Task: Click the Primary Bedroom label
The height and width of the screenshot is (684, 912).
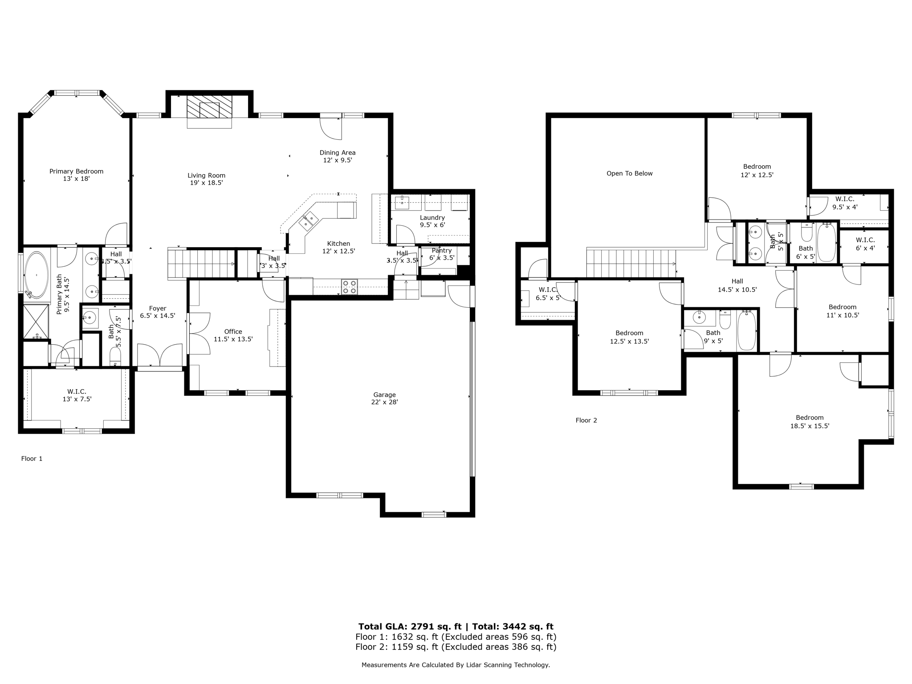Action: pos(76,171)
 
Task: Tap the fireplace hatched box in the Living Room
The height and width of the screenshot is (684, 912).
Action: pos(209,107)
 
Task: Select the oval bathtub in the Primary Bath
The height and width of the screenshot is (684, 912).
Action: pos(37,275)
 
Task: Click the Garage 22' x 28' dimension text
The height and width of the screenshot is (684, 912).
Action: pos(384,402)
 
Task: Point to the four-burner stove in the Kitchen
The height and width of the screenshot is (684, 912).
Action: pos(350,287)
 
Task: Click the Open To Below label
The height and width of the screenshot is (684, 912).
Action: pos(629,174)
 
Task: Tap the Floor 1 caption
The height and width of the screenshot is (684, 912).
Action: pos(32,459)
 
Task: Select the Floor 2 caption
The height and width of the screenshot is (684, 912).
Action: pos(586,420)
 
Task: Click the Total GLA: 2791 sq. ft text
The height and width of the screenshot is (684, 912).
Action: pos(410,627)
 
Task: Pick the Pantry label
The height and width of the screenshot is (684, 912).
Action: pos(441,251)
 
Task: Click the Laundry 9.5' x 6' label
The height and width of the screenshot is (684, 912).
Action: pos(432,221)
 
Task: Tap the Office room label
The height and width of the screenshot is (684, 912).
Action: pos(233,332)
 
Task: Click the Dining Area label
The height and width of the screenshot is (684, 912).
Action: pos(338,153)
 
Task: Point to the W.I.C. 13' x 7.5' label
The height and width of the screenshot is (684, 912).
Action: pos(77,395)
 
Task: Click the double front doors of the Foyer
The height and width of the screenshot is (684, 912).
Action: pos(160,355)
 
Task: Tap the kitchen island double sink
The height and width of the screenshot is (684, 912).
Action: pos(308,220)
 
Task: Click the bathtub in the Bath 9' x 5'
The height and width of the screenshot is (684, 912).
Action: pos(746,330)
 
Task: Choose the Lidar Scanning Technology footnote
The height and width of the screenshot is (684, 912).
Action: pos(456,665)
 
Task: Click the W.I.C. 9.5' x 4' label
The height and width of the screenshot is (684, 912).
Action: pos(845,203)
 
